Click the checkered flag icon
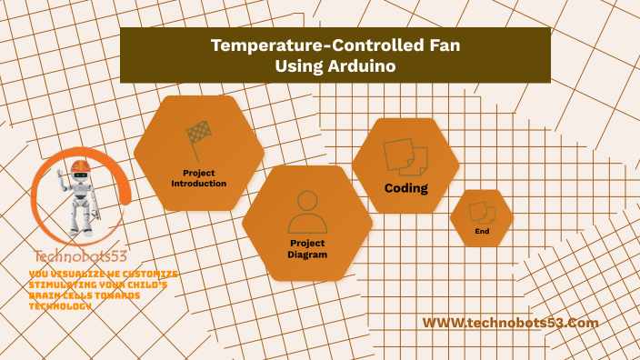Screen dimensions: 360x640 click(x=198, y=139)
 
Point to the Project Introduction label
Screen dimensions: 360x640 click(x=199, y=177)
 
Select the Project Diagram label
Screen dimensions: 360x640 click(x=307, y=249)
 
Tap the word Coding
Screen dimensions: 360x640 click(x=405, y=188)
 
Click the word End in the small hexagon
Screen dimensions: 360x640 click(x=482, y=233)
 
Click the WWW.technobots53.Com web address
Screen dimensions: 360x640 click(x=511, y=323)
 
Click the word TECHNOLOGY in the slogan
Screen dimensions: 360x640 click(x=60, y=306)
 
